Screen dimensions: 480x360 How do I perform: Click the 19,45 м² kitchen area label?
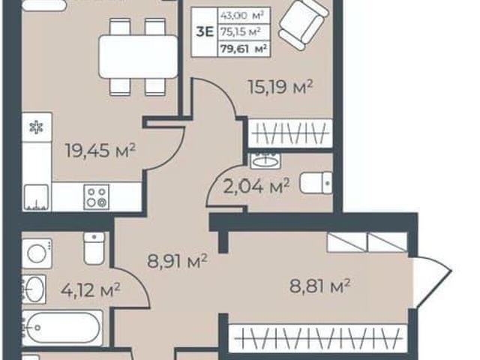click(100, 151)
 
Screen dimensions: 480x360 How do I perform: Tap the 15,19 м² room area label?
click(280, 87)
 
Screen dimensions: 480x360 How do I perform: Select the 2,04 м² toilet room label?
click(256, 186)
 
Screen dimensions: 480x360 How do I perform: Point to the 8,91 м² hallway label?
click(177, 261)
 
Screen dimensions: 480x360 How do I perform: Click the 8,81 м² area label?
click(319, 286)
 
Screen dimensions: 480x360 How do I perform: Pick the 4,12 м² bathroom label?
click(90, 289)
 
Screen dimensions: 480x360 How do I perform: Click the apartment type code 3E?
click(205, 31)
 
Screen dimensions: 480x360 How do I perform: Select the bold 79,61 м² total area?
click(244, 48)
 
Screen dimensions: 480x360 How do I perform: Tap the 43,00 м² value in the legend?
click(241, 15)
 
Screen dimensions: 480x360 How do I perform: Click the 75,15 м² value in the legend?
click(241, 31)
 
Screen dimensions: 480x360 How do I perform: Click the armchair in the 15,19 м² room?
click(303, 25)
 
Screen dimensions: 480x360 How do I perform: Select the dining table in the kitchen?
click(138, 57)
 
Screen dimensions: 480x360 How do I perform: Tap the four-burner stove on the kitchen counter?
click(97, 197)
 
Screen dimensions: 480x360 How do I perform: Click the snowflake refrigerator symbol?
click(37, 127)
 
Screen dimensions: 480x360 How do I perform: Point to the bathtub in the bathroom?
click(62, 328)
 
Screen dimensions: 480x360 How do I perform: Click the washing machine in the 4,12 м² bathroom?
click(37, 253)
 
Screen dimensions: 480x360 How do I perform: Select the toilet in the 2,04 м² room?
click(316, 183)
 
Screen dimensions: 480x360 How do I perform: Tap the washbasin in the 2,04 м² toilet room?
click(265, 160)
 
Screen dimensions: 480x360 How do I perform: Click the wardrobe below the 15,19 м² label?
click(290, 133)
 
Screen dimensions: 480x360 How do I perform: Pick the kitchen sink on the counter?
click(37, 198)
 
